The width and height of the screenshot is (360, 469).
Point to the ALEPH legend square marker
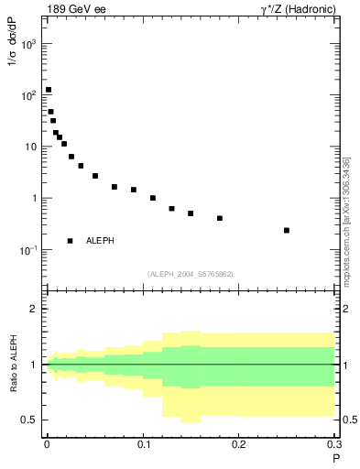click(70, 241)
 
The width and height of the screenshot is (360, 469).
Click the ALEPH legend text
click(100, 241)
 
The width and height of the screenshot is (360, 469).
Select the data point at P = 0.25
click(287, 230)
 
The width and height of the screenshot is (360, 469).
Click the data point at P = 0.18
click(220, 218)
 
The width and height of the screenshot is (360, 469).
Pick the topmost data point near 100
click(49, 90)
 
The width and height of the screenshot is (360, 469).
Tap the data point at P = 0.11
click(153, 198)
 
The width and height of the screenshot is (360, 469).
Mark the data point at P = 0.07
click(115, 187)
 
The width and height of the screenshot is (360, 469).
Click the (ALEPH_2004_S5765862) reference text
click(191, 274)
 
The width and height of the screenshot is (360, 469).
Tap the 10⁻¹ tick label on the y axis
click(30, 250)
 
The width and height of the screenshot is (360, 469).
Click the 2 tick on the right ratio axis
click(346, 309)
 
